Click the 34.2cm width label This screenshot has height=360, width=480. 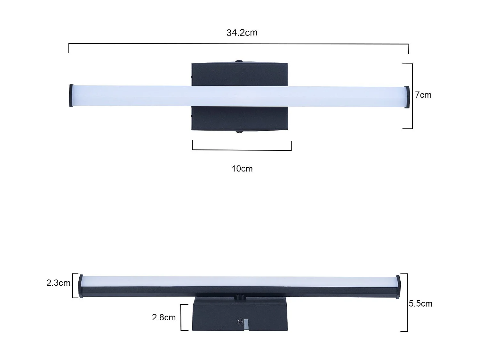pyautogui.click(x=242, y=33)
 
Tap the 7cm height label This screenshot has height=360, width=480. pyautogui.click(x=423, y=95)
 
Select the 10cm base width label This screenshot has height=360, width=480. pyautogui.click(x=242, y=169)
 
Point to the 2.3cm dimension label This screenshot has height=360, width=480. pyautogui.click(x=58, y=283)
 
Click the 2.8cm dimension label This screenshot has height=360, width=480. pyautogui.click(x=164, y=317)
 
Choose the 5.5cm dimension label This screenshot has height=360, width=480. pyautogui.click(x=420, y=304)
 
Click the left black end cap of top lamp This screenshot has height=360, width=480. pyautogui.click(x=71, y=95)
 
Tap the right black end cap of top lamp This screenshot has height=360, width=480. pyautogui.click(x=407, y=97)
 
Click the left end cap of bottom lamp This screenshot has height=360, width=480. pyautogui.click(x=81, y=286)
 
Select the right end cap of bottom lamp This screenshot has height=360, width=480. pyautogui.click(x=398, y=287)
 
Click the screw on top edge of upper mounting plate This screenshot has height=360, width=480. pyautogui.click(x=239, y=61)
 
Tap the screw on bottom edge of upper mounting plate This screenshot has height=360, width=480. pyautogui.click(x=239, y=132)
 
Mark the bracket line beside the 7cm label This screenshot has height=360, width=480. pyautogui.click(x=412, y=96)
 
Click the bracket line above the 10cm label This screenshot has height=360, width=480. pyautogui.click(x=242, y=150)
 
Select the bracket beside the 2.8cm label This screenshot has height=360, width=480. pyautogui.click(x=181, y=317)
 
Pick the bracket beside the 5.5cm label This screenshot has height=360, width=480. pyautogui.click(x=407, y=302)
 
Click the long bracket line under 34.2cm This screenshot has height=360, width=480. pyautogui.click(x=239, y=44)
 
